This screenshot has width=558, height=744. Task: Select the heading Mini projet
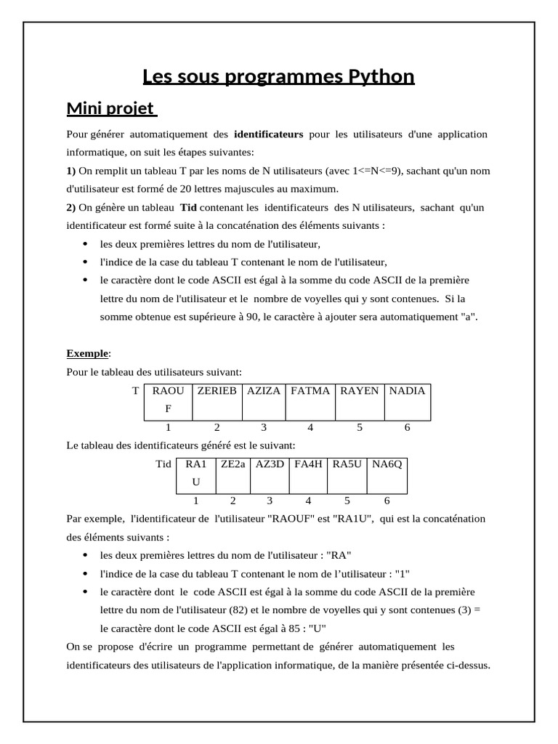click(110, 109)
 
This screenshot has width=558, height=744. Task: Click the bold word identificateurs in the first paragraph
click(268, 134)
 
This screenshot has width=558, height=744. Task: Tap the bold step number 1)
click(70, 171)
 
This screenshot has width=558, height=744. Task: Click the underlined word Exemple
click(86, 354)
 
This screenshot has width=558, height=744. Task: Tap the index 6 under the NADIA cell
click(407, 427)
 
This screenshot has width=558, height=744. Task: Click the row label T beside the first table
click(135, 391)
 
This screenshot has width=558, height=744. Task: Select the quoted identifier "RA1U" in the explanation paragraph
click(351, 519)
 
